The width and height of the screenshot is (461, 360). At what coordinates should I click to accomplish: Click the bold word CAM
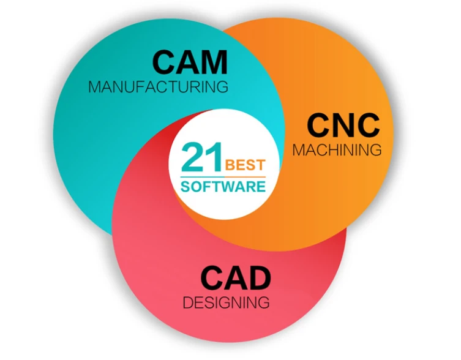pyautogui.click(x=190, y=62)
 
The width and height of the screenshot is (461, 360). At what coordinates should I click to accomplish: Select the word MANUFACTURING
pyautogui.click(x=159, y=87)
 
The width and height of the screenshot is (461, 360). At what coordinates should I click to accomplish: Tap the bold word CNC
pyautogui.click(x=343, y=126)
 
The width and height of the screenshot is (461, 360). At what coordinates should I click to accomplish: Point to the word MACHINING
pyautogui.click(x=337, y=150)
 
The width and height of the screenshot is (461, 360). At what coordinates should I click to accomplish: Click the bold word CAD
pyautogui.click(x=236, y=278)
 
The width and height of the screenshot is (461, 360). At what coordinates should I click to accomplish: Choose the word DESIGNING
pyautogui.click(x=226, y=302)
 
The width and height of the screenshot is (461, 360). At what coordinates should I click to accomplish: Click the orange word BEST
pyautogui.click(x=245, y=165)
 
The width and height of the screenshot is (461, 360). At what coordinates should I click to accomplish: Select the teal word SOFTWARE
pyautogui.click(x=223, y=187)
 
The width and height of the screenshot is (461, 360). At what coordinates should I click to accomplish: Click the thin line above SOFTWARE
pyautogui.click(x=223, y=177)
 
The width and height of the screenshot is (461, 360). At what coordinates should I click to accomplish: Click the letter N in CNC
pyautogui.click(x=343, y=126)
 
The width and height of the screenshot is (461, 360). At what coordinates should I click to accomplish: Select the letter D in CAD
pyautogui.click(x=260, y=278)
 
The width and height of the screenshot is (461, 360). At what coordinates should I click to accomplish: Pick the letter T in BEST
pyautogui.click(x=260, y=165)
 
